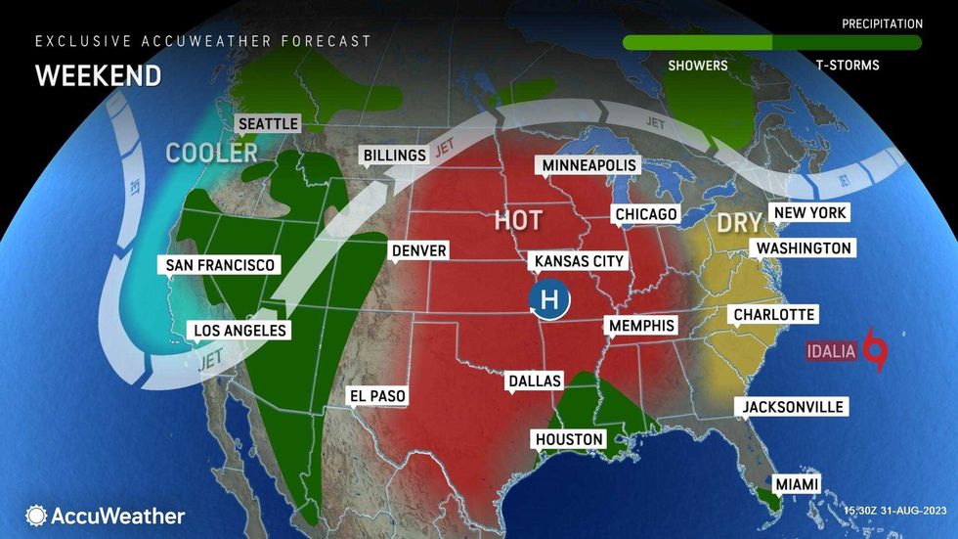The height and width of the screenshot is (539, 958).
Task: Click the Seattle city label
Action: pyautogui.click(x=267, y=124)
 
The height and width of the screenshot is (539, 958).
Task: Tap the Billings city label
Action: pyautogui.click(x=394, y=155)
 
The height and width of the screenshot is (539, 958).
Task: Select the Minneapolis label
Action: pyautogui.click(x=589, y=165)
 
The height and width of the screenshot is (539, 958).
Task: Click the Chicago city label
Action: pyautogui.click(x=645, y=214)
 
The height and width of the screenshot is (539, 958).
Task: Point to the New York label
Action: pyautogui.click(x=808, y=212)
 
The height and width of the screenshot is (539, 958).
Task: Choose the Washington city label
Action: pyautogui.click(x=804, y=248)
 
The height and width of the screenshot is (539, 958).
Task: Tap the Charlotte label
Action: pyautogui.click(x=771, y=314)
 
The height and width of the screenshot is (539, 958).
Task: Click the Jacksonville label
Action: pyautogui.click(x=792, y=406)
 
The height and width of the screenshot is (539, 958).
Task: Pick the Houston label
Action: pyautogui.click(x=569, y=439)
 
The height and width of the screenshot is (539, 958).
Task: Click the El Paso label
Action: pyautogui.click(x=377, y=396)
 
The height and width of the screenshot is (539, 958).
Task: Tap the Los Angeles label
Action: pyautogui.click(x=239, y=330)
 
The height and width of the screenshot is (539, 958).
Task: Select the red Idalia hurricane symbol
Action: pyautogui.click(x=878, y=350)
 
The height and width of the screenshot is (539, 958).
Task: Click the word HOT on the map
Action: pyautogui.click(x=517, y=220)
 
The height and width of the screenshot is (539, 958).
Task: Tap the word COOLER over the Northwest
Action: pyautogui.click(x=211, y=153)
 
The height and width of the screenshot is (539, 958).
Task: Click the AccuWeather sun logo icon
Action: pyautogui.click(x=36, y=516)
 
